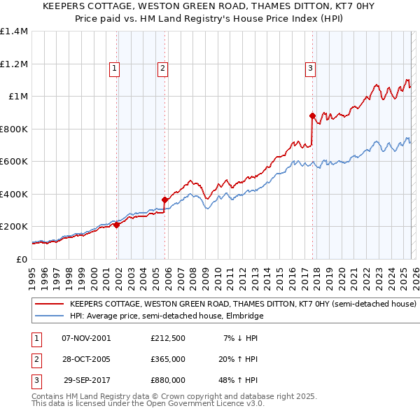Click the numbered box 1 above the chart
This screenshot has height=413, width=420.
pos(114,68)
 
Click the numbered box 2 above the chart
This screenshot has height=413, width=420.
pos(162,68)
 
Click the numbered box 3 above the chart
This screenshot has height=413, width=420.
pos(310,68)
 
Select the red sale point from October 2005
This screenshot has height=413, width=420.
pos(165,199)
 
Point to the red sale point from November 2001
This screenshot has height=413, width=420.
pos(116,225)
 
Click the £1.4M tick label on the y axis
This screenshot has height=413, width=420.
pos(14,31)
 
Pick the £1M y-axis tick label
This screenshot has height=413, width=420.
pos(18,97)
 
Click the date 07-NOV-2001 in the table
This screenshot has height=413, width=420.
pos(86,339)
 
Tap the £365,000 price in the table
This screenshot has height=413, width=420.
pos(168,359)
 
